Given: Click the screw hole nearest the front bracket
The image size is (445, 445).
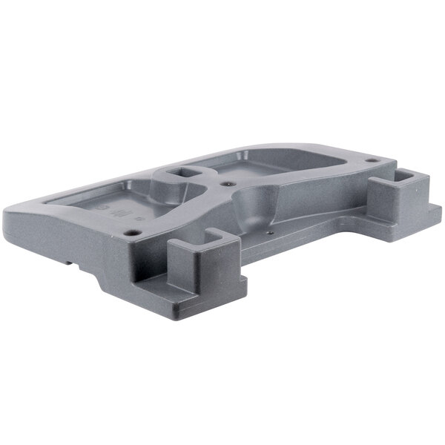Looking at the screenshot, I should pyautogui.click(x=132, y=232).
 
